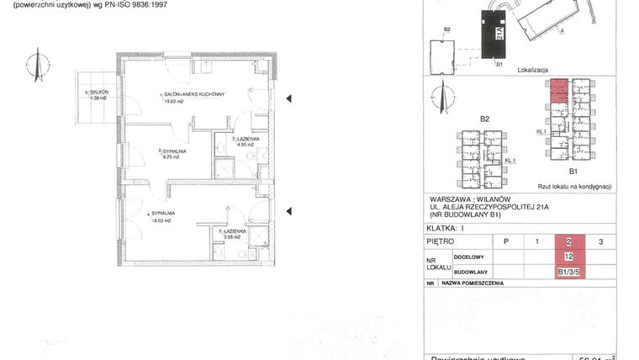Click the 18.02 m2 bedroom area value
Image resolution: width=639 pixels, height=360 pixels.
162,221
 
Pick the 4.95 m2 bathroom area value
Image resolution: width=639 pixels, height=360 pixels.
246,145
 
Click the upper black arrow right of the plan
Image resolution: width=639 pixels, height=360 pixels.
288,100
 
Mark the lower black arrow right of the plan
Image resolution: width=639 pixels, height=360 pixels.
288,211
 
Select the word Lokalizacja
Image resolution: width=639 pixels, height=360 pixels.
533,71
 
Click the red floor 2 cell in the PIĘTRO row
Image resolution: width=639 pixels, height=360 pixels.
569,241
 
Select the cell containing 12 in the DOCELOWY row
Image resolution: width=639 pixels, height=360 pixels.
569,257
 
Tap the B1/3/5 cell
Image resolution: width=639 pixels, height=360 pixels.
569,272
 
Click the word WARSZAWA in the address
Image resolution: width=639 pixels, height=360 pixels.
451,199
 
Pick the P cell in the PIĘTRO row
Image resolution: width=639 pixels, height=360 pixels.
504,241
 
